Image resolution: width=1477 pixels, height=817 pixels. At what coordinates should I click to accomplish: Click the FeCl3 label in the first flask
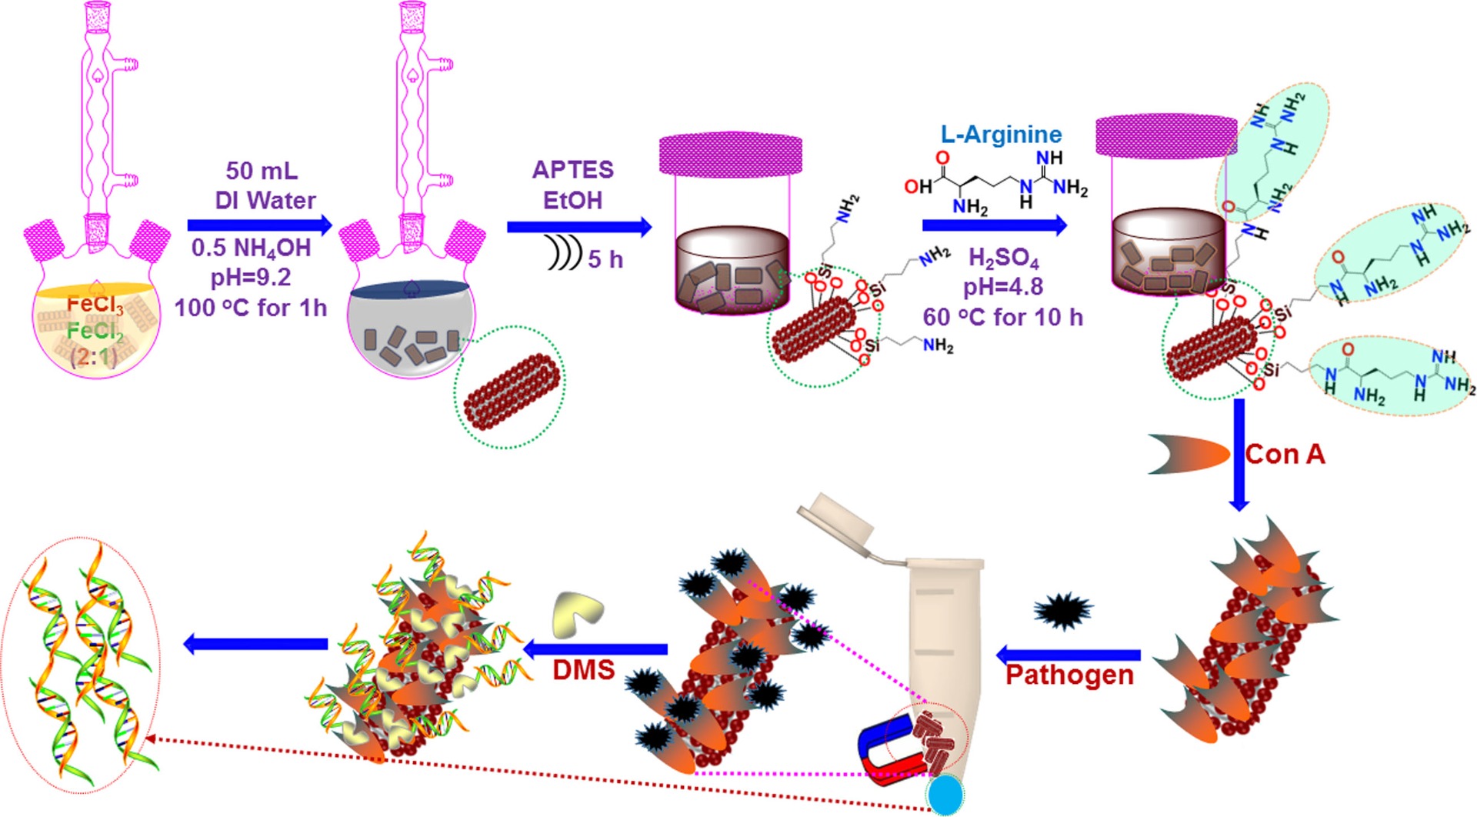point(95,305)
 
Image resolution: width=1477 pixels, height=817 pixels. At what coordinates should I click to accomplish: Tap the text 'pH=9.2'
point(251,277)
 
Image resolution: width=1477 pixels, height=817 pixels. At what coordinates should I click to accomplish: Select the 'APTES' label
point(573,169)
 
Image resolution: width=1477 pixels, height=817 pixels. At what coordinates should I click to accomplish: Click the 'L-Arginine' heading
point(1001,135)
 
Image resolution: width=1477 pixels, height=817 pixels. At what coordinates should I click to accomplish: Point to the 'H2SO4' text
point(1003,258)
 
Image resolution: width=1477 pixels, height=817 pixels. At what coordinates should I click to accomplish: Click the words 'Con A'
point(1285,455)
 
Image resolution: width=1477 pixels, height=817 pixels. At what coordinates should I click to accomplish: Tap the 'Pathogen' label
point(1069,675)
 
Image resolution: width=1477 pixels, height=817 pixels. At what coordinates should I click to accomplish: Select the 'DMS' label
point(583,670)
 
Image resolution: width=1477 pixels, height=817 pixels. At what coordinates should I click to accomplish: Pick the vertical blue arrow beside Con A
point(1239,454)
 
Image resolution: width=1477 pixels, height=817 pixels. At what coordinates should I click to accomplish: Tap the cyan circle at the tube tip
point(945,795)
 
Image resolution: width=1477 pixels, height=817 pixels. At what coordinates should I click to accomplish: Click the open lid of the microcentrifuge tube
point(836,516)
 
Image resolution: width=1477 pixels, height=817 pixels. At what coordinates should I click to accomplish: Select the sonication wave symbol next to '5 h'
point(564,253)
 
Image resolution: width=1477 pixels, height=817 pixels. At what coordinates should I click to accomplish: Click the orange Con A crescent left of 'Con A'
point(1189,454)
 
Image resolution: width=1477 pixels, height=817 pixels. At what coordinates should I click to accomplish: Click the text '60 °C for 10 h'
point(1002,317)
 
